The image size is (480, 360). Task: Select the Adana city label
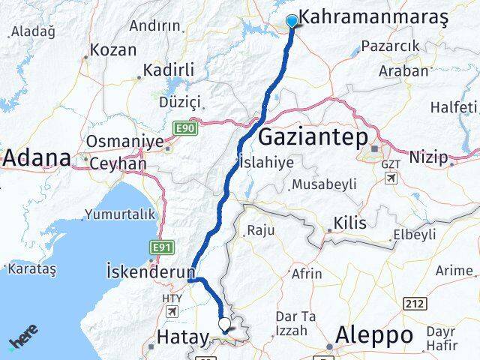tap(37, 158)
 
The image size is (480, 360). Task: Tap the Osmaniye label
tap(115, 142)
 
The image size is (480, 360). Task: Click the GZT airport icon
tap(391, 178)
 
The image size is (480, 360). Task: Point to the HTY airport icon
tap(172, 311)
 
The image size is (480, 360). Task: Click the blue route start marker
tap(292, 22)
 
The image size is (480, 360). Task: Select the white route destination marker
tap(224, 324)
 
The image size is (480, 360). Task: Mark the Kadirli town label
tap(169, 70)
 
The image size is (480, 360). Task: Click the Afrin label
tap(306, 274)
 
